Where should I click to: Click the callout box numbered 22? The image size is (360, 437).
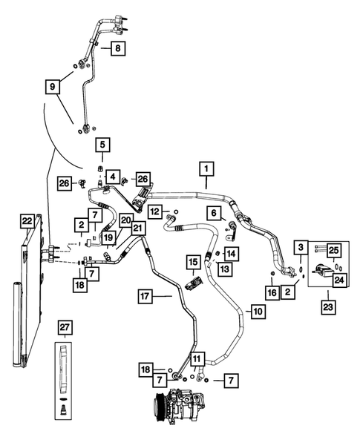tap(27, 220)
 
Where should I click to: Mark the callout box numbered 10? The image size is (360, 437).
tap(256, 312)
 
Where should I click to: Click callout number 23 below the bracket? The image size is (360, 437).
tap(327, 303)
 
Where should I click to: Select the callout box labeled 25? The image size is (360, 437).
tap(333, 250)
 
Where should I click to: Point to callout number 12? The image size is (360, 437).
tap(154, 212)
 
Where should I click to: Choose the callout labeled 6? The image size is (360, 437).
tap(214, 213)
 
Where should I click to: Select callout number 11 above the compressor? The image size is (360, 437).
tap(196, 361)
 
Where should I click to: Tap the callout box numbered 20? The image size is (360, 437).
tap(125, 220)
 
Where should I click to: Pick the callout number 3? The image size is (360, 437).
tap(301, 246)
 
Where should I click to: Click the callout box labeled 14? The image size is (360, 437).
tap(232, 254)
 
